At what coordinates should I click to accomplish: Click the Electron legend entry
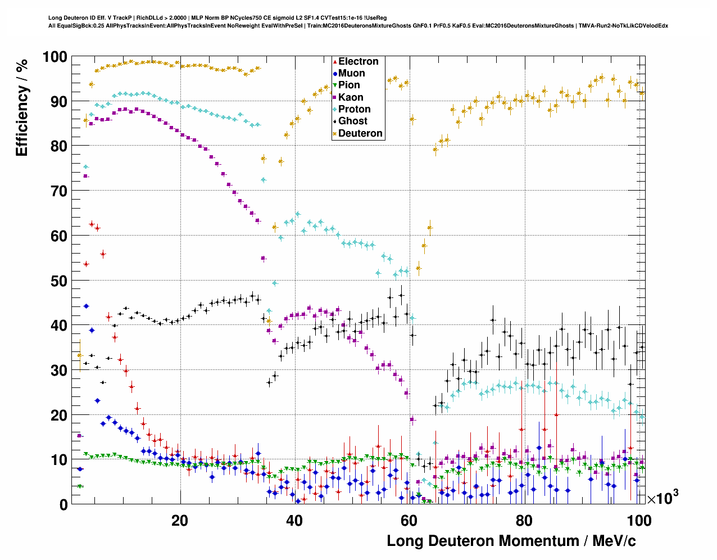pos(358,62)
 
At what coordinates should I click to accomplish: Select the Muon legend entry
pos(351,74)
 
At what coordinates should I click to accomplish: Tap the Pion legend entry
pos(349,85)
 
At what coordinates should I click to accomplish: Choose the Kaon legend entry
pos(351,98)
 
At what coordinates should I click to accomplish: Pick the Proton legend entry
pos(354,110)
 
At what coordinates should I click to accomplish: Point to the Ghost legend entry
pos(352,121)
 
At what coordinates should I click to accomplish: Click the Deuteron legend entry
pos(360,134)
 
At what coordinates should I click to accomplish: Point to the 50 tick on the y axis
pos(59,281)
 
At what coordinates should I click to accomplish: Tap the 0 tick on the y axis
pos(63,505)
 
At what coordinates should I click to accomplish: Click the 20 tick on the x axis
pos(180,521)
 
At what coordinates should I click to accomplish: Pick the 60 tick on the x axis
pos(410,521)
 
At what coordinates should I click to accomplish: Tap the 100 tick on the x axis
pos(639,521)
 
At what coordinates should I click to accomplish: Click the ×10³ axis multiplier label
pos(662,498)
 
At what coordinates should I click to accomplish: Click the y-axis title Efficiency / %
pos(22,107)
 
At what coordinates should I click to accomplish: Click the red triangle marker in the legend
pos(335,62)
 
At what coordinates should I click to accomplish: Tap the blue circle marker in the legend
pos(335,74)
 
